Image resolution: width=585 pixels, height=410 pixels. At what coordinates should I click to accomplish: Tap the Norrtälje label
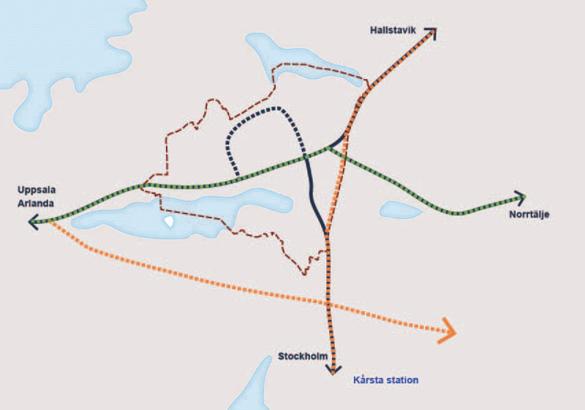(x=529, y=215)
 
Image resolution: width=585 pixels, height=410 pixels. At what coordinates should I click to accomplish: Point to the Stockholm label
(x=302, y=357)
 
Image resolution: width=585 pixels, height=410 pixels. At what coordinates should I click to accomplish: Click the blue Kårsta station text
(x=385, y=381)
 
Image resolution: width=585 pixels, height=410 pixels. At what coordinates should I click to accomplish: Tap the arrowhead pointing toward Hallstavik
(x=431, y=34)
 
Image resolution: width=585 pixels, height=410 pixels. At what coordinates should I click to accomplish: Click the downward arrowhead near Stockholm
(x=333, y=369)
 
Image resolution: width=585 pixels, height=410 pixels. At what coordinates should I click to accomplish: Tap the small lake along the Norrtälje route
(x=401, y=211)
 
